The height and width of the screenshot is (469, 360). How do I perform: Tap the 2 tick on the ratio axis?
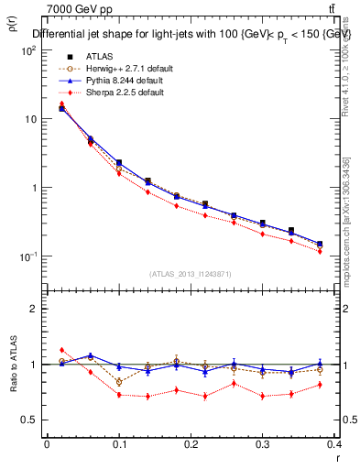[x=33, y=309]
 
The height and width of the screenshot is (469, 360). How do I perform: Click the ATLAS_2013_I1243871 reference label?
[x=191, y=275]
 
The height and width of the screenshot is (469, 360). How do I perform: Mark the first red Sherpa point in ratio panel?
[x=61, y=350]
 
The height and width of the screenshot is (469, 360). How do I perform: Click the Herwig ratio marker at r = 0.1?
[x=119, y=381]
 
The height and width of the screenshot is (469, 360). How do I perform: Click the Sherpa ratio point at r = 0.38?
[x=320, y=384]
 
